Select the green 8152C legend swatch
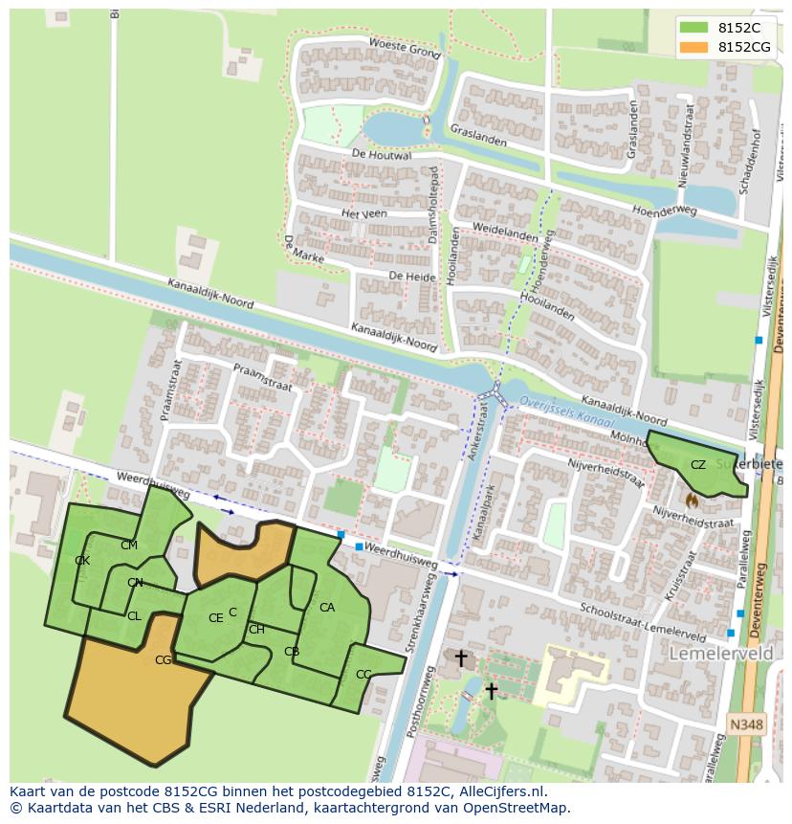point(694,28)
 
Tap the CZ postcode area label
point(698,465)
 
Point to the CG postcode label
point(164,659)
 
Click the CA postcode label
point(327,608)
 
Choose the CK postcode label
point(82,561)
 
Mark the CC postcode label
point(363,675)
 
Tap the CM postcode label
point(129,546)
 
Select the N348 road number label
point(746,725)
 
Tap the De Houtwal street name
point(381,154)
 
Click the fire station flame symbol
point(692,500)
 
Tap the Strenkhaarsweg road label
point(417,616)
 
